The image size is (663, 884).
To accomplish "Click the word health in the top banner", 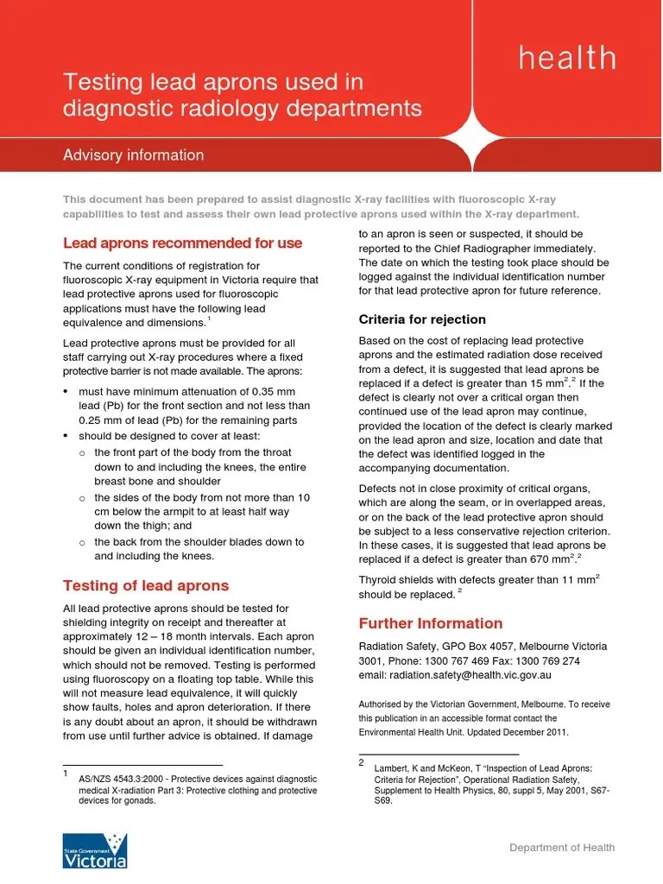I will (x=567, y=59).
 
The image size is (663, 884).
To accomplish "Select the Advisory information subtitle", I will (x=134, y=155).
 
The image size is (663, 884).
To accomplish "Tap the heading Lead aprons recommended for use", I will (x=182, y=243).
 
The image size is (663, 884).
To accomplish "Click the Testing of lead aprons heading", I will (x=146, y=585).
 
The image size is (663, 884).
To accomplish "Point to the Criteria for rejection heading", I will (x=422, y=319).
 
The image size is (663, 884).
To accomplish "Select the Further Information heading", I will (x=430, y=623).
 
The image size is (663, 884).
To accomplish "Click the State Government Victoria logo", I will (x=95, y=850).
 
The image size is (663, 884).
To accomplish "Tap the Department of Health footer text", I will (x=562, y=848).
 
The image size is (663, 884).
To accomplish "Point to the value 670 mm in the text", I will (x=549, y=560).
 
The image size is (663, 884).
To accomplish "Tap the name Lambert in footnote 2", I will (x=392, y=767).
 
